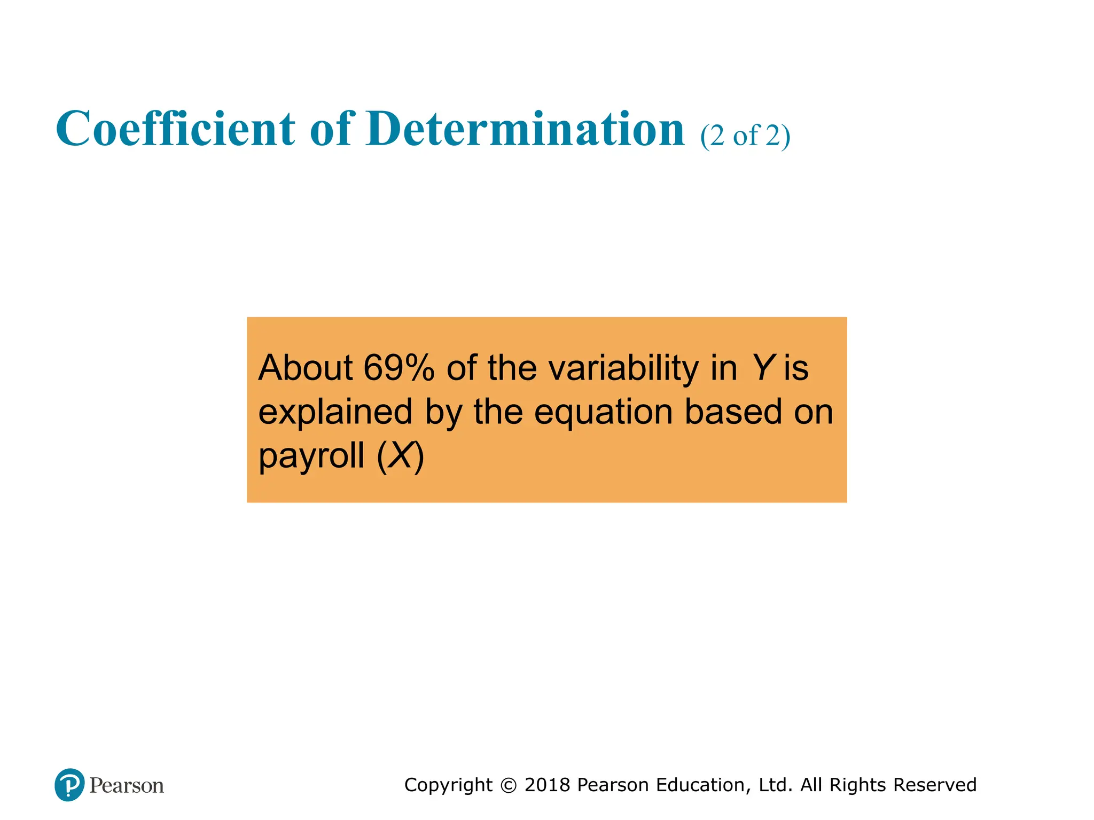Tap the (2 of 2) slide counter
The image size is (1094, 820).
[745, 136]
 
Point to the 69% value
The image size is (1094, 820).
[398, 368]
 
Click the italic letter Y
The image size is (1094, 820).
[762, 368]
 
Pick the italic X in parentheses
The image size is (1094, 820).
[401, 455]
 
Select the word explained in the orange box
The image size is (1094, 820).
[335, 413]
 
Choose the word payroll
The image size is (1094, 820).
[311, 456]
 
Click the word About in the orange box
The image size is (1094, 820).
[306, 368]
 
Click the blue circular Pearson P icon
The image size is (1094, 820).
[69, 785]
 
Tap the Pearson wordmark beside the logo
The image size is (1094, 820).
[127, 785]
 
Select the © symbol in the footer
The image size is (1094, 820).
[509, 785]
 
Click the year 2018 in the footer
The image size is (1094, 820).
[548, 785]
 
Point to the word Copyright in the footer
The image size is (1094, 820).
[448, 785]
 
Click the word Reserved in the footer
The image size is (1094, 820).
[934, 785]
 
